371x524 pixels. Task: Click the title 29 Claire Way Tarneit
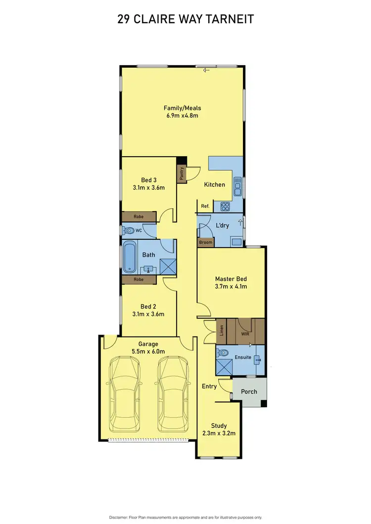185,19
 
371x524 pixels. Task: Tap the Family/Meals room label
183,108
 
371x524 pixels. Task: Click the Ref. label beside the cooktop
205,206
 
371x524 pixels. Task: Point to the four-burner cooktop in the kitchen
225,207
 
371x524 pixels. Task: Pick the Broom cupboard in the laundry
206,242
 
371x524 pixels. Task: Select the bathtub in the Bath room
129,257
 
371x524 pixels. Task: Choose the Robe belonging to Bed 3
139,217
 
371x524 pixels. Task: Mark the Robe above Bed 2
139,279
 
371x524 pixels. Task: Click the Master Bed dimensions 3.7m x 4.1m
231,286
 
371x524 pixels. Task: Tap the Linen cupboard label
221,330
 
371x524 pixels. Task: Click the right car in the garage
172,394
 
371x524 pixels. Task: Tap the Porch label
249,392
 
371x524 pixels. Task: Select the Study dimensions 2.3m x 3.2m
219,434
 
